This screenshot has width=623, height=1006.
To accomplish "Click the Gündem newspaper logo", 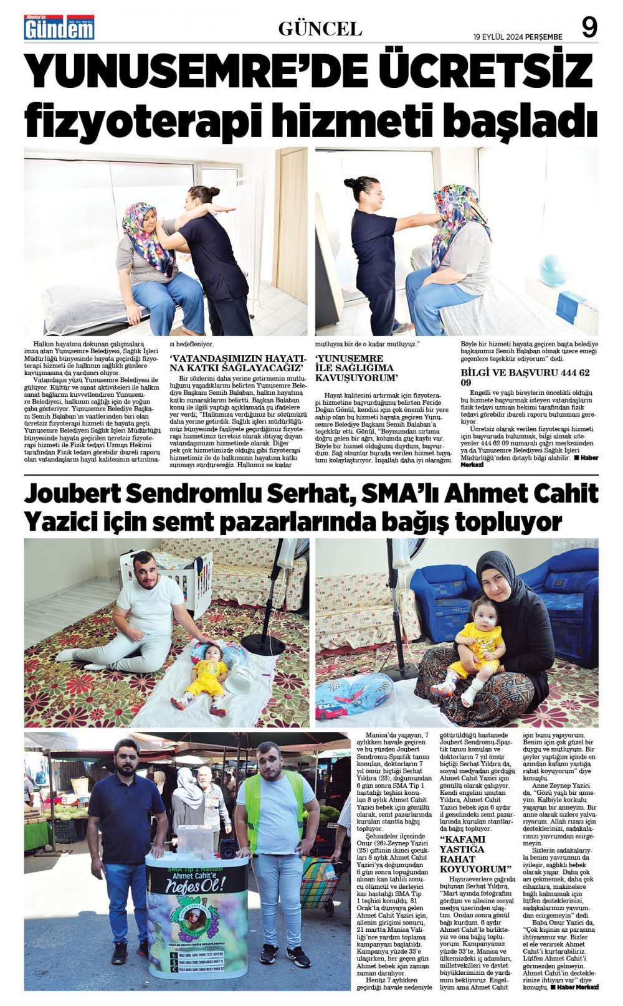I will (x=59, y=28).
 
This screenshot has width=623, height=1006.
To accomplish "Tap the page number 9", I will (x=589, y=28).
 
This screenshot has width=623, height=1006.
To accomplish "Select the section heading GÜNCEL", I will (x=320, y=29).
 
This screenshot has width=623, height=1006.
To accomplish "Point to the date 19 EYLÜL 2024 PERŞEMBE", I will (x=517, y=37).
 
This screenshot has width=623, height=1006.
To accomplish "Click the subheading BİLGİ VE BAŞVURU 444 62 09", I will (x=525, y=377).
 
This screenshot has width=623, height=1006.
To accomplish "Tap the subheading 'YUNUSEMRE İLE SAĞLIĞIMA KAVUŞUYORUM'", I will (x=356, y=368).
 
